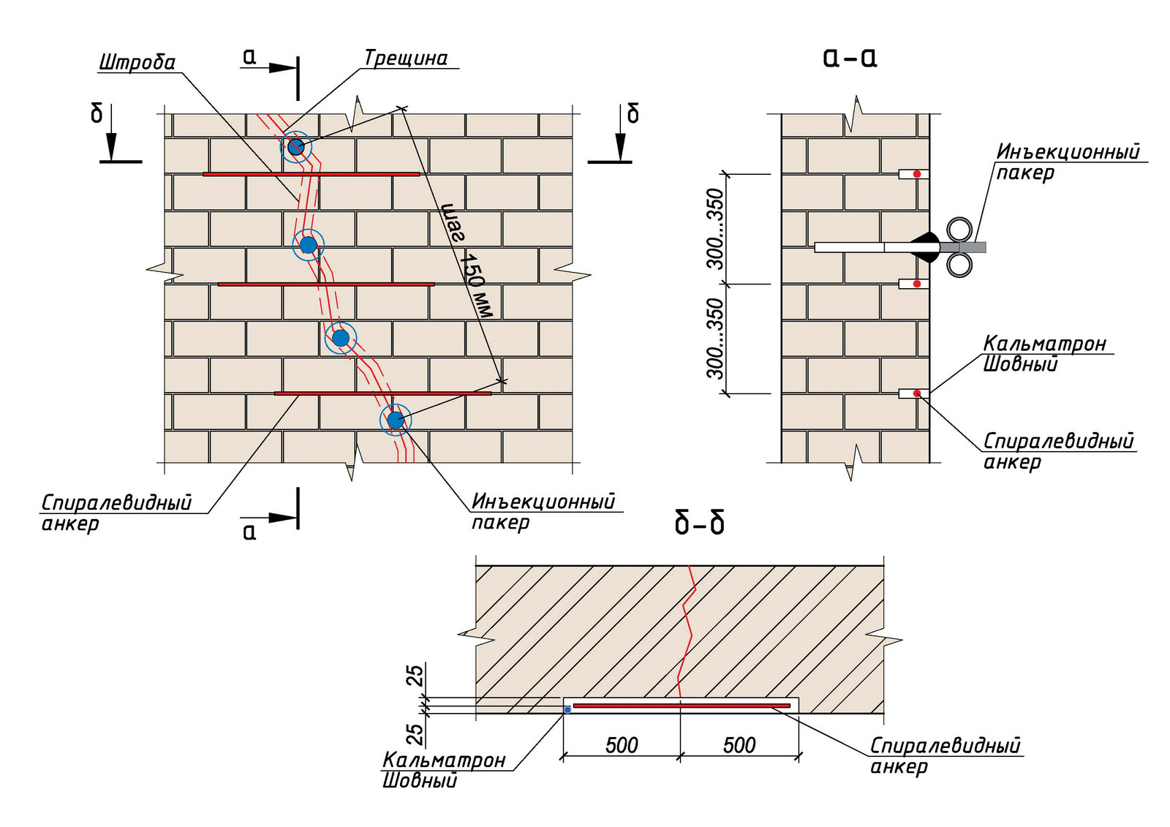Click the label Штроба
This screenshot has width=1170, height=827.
(137, 62)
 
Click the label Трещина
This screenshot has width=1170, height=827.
(406, 58)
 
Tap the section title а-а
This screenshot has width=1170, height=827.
(850, 58)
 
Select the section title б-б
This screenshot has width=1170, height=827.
(699, 524)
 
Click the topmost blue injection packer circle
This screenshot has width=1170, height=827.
(295, 147)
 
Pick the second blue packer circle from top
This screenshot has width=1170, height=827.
(308, 244)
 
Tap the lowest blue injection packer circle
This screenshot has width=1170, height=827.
(396, 420)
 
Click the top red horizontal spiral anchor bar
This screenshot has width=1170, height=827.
(312, 174)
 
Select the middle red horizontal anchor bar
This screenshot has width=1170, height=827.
(326, 284)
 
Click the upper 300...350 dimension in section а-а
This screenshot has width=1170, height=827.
(717, 229)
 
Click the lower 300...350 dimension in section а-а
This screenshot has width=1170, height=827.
(717, 339)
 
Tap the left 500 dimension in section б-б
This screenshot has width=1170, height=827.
(622, 745)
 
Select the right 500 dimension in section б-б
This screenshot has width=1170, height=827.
(739, 745)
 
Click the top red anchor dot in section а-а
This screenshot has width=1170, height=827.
(917, 174)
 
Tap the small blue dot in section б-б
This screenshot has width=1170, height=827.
(567, 710)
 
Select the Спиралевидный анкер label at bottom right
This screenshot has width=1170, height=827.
(945, 755)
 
